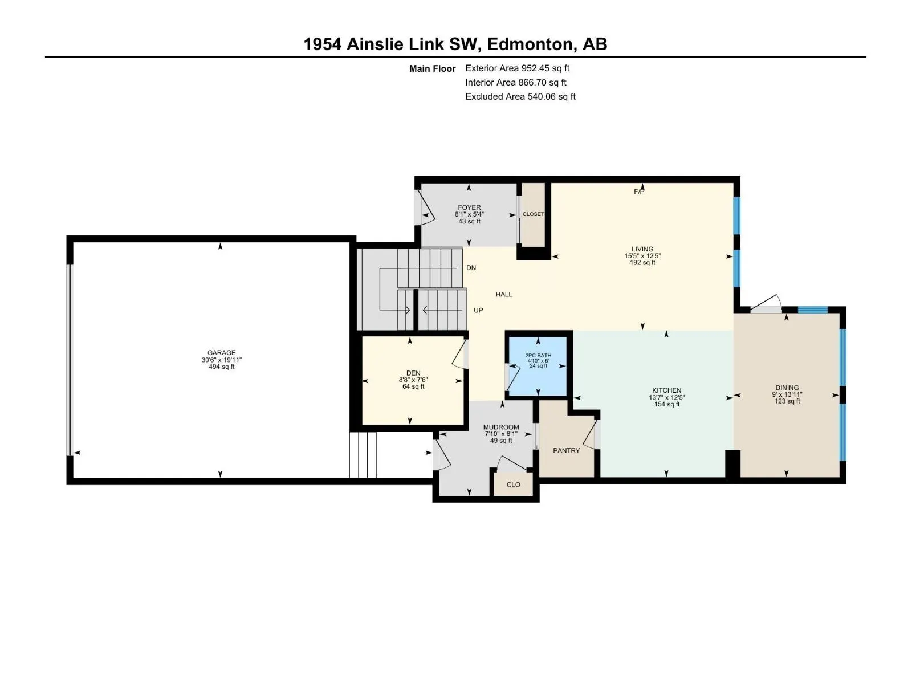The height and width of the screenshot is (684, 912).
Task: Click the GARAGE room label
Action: (222, 353)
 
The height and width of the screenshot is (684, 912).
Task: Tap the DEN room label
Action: (413, 373)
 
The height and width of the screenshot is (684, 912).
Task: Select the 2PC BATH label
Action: (538, 356)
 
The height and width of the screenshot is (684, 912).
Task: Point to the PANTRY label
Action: (567, 451)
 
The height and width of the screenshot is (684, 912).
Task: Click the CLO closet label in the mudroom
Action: (514, 484)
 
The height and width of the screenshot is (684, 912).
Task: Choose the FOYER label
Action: (469, 207)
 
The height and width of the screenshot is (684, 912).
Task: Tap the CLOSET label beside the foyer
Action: (533, 214)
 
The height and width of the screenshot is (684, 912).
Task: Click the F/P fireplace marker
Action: (639, 192)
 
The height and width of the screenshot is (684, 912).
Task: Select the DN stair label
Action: (471, 268)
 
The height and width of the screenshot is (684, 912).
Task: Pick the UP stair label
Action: (478, 310)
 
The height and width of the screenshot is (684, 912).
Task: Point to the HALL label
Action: (504, 295)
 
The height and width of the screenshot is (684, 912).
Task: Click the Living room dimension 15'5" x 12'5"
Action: (642, 256)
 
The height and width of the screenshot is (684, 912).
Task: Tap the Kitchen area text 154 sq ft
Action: (667, 404)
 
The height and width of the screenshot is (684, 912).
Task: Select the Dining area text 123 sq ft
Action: (787, 401)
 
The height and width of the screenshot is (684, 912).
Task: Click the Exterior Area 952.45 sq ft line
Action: (518, 68)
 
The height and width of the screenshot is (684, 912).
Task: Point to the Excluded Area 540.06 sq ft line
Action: (520, 96)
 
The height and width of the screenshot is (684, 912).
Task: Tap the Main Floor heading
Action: (432, 68)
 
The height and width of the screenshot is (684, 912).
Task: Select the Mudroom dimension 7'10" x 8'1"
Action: (501, 434)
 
